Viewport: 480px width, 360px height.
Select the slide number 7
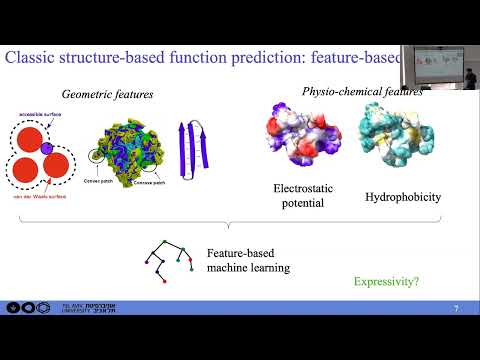(456, 308)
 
